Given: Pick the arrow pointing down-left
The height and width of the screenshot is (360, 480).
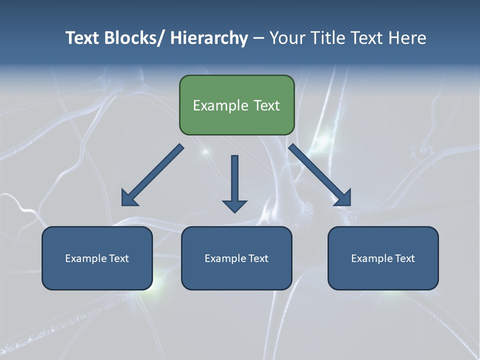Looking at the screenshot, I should pyautogui.click(x=152, y=175).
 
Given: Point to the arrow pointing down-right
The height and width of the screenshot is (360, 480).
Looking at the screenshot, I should pyautogui.click(x=320, y=175).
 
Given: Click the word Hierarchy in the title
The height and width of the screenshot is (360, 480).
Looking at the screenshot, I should pyautogui.click(x=209, y=38).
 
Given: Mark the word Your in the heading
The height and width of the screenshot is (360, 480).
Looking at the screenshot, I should pyautogui.click(x=287, y=38).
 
